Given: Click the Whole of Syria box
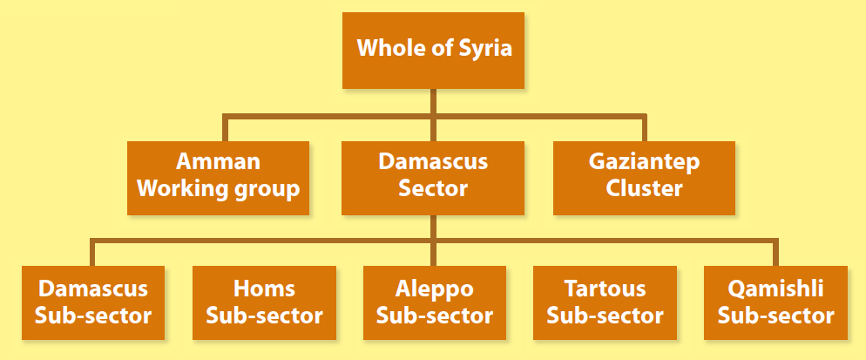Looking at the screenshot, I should pos(433,50).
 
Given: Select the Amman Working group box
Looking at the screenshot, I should pos(219,178).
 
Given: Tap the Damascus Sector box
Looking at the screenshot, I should pos(433,178).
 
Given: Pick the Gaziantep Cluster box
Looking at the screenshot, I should pos(644,178).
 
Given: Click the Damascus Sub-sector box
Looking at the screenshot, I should pos(91,302).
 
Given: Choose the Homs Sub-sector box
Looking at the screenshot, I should pos(264,302).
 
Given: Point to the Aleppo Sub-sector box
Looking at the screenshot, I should pos(434,302).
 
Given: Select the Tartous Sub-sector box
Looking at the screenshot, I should pos(605,302).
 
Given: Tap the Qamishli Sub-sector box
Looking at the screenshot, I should pos(775,302).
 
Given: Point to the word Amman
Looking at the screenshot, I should pos(218,162).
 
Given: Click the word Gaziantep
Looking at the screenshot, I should pos(644,163).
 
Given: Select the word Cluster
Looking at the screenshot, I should pos(644,188).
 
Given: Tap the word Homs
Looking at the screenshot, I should pos(264,289).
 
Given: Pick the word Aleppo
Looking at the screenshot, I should pos(434,289).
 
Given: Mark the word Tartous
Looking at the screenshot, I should pos(605,289).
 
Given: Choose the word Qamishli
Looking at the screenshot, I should pos(775,289).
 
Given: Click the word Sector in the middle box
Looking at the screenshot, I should pos(433,188).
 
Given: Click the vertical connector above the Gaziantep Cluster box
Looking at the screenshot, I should pos(644,128).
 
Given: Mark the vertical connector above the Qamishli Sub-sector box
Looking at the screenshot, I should pos(775,252).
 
